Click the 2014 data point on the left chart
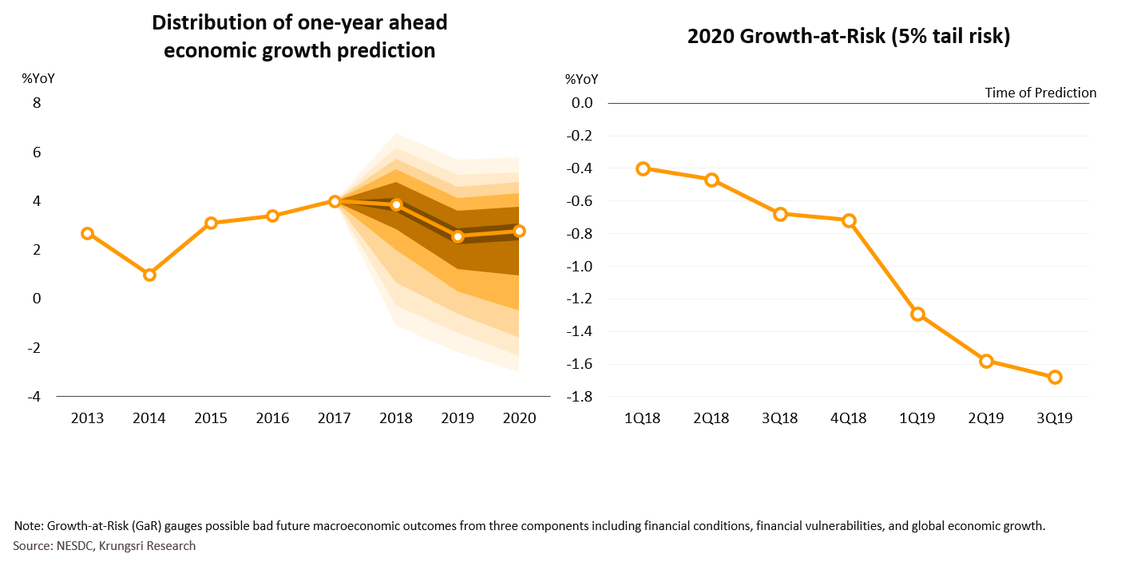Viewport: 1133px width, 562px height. tap(149, 275)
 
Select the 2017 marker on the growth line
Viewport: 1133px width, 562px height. tap(335, 201)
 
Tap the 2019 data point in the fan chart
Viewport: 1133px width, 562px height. tap(458, 236)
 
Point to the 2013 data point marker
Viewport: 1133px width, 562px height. tap(87, 233)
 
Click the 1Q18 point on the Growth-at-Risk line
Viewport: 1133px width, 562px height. tap(644, 168)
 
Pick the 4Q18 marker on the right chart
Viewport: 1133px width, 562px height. tap(849, 220)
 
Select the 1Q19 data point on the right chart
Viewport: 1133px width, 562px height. tap(917, 314)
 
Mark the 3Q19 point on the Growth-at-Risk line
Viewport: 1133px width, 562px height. tap(1055, 377)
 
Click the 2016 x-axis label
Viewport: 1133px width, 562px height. tap(272, 418)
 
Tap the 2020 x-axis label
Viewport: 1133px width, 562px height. tap(519, 418)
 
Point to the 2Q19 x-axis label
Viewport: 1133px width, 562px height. tap(986, 418)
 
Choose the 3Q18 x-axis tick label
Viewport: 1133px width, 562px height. tap(780, 418)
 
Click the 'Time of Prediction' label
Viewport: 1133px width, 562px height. tap(1040, 93)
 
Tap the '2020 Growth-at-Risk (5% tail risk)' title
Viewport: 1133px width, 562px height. tap(848, 37)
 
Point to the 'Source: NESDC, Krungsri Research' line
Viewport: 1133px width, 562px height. tap(105, 546)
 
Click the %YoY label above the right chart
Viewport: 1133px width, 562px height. tap(581, 79)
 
